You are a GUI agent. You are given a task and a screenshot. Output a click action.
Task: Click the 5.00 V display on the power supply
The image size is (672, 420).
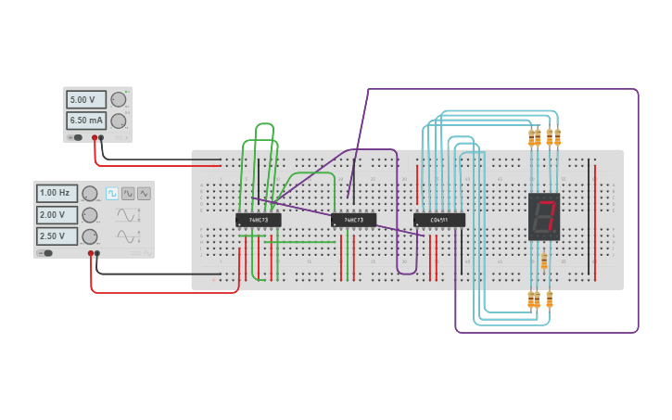point(86,99)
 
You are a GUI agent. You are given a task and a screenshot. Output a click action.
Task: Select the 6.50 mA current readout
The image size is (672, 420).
point(86,121)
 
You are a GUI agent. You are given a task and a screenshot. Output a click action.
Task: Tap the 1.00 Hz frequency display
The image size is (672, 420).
point(57,193)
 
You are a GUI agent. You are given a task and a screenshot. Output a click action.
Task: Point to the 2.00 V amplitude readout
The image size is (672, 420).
point(57,214)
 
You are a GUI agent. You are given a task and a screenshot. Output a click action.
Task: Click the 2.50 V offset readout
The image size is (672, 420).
point(57,235)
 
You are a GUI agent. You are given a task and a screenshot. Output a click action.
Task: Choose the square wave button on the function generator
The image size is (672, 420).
point(112,193)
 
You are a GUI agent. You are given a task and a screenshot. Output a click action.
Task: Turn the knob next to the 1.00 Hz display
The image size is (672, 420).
point(90,194)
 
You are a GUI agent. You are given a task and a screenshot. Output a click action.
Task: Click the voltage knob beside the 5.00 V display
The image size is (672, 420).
point(119,99)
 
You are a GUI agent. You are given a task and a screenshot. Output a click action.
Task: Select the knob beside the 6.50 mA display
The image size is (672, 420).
point(119,121)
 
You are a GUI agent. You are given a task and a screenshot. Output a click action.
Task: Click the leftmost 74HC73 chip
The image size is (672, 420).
point(258,220)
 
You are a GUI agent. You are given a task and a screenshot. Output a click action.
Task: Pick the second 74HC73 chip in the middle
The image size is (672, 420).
point(353,220)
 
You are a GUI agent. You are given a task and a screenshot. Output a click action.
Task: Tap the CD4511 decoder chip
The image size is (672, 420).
point(438,220)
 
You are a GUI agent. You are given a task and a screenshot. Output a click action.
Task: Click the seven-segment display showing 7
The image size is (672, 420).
point(544,216)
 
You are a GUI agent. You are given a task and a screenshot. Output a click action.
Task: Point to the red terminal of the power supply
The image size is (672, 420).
point(95,137)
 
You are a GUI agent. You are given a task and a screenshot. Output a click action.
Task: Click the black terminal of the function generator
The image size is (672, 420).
point(97,253)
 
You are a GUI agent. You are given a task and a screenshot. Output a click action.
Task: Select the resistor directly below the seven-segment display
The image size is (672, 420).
point(544,261)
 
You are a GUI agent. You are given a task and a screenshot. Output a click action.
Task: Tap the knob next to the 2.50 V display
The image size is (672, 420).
point(90,236)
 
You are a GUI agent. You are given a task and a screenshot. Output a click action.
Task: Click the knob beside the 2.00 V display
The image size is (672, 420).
point(90,215)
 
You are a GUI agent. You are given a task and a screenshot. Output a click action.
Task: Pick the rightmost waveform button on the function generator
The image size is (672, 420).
point(144,193)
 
